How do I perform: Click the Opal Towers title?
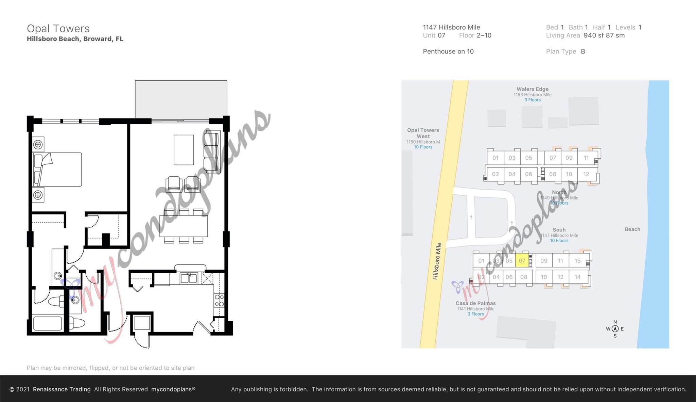pyautogui.click(x=58, y=29)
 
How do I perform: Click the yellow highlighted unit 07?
pyautogui.click(x=522, y=261)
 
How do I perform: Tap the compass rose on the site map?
pyautogui.click(x=615, y=329)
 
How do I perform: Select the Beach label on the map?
pyautogui.click(x=632, y=229)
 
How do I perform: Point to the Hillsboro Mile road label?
pyautogui.click(x=437, y=261)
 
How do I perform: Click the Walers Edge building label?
pyautogui.click(x=532, y=89)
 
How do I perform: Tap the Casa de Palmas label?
pyautogui.click(x=475, y=303)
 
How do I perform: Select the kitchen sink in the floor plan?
pyautogui.click(x=189, y=278)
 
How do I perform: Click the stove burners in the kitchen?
pyautogui.click(x=219, y=301)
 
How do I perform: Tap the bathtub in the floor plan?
pyautogui.click(x=48, y=324)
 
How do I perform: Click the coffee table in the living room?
pyautogui.click(x=184, y=150)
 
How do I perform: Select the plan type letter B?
pyautogui.click(x=583, y=51)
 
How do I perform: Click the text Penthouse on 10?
pyautogui.click(x=448, y=51)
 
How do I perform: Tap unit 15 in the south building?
pyautogui.click(x=577, y=261)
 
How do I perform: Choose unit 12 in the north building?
pyautogui.click(x=586, y=174)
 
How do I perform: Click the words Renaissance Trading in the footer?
pyautogui.click(x=62, y=389)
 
